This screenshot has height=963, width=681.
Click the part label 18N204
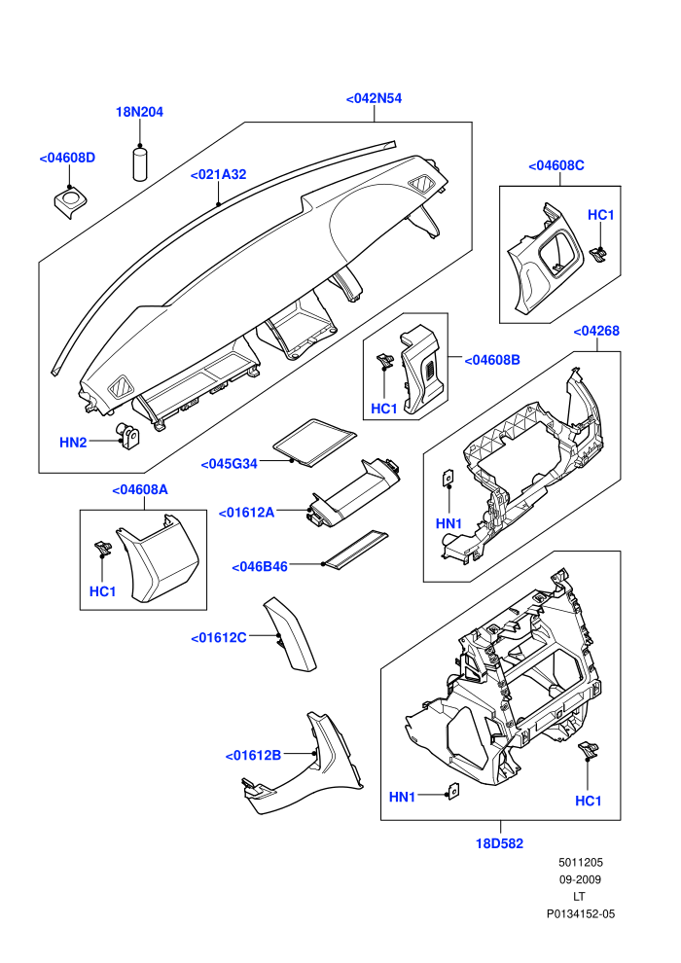[139, 112]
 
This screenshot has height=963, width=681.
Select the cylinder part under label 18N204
[141, 163]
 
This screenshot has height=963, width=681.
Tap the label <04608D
[67, 158]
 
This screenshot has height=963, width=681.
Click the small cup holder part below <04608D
[69, 203]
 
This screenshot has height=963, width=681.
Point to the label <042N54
[374, 98]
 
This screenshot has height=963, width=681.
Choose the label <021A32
[218, 174]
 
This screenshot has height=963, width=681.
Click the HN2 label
[73, 443]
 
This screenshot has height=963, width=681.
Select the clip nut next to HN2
[127, 437]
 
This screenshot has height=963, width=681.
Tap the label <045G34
[229, 464]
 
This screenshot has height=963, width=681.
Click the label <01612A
[247, 513]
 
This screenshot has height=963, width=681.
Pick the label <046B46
[260, 567]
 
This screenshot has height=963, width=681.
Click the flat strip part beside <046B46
[357, 550]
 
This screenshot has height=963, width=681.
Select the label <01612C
[219, 638]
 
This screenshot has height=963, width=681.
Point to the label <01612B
[253, 756]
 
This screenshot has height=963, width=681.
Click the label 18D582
[500, 844]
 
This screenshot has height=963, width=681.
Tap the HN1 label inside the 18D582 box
[402, 798]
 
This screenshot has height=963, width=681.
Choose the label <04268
[596, 331]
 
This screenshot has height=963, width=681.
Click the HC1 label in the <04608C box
[601, 215]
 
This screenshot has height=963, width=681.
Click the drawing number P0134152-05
[581, 913]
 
